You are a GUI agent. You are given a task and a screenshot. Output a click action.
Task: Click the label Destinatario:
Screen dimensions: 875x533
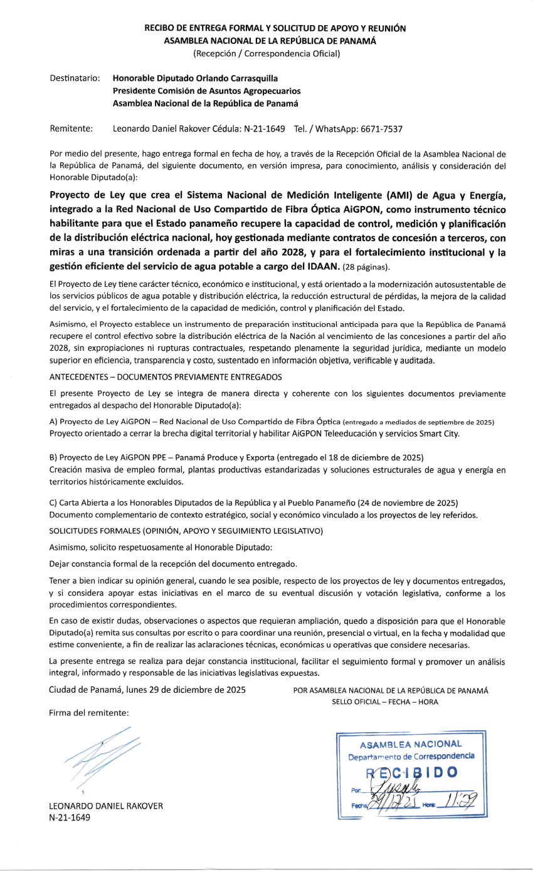(x=75, y=78)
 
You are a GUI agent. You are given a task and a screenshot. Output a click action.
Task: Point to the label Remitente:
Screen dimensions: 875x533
(x=71, y=129)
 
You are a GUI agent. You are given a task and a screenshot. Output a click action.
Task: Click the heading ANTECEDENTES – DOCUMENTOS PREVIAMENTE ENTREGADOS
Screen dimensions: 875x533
(x=166, y=376)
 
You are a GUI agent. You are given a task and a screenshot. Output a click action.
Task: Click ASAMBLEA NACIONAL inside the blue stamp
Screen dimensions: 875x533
(x=411, y=744)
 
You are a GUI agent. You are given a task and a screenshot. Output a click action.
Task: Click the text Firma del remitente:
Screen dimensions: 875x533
(x=88, y=713)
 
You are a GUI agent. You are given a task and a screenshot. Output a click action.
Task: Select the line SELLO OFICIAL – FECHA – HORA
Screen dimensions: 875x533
(x=385, y=702)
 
